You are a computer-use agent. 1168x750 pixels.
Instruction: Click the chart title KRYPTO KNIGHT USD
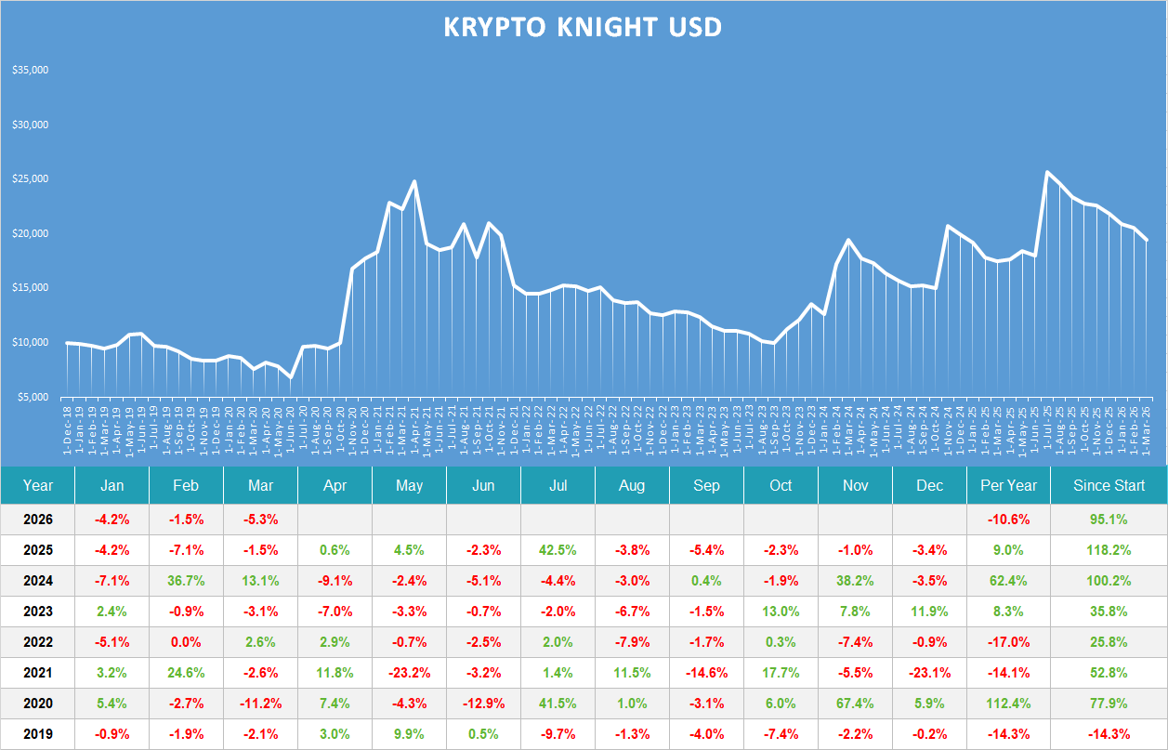[x=583, y=28]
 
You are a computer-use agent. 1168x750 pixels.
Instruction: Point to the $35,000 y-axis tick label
[x=31, y=71]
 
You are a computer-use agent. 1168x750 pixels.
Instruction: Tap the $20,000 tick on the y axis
[x=31, y=234]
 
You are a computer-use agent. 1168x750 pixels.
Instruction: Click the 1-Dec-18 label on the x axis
[x=68, y=428]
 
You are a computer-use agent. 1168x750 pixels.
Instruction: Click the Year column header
[x=38, y=485]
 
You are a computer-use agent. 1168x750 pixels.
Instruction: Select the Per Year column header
[x=1008, y=485]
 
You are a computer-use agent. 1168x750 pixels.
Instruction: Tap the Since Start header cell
[x=1109, y=485]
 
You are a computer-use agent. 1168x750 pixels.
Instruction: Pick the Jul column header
[x=558, y=485]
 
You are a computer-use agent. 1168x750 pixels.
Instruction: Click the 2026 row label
[x=38, y=519]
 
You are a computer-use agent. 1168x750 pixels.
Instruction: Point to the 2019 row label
[x=38, y=734]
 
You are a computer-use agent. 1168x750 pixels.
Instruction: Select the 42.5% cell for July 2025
[x=558, y=549]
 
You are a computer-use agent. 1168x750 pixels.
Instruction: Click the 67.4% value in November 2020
[x=855, y=704]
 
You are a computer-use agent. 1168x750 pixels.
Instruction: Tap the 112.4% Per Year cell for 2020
[x=1008, y=704]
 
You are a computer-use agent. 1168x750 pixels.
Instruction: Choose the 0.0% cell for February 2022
[x=186, y=642]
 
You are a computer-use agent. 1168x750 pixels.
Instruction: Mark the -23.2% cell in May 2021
[x=409, y=673]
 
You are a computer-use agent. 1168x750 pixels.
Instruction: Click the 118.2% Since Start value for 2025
[x=1109, y=549]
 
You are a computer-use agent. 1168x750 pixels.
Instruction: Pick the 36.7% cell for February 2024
[x=186, y=581]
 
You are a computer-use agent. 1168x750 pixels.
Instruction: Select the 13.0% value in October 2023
[x=781, y=612]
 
